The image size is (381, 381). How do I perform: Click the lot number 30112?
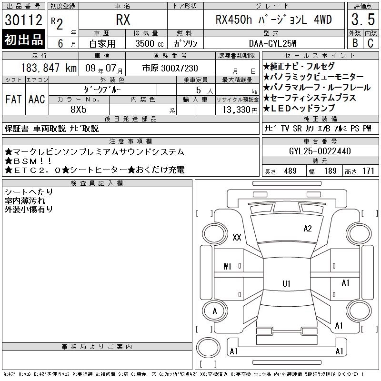point(23,20)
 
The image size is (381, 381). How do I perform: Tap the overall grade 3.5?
point(363,20)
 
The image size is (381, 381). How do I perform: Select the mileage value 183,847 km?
point(49,68)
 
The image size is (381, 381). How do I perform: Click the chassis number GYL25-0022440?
point(320,151)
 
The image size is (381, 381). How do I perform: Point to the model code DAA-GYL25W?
point(272,43)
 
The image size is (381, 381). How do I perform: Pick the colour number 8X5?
point(79,110)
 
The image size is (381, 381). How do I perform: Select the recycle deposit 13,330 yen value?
point(240,110)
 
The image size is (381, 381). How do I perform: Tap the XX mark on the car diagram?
point(237,237)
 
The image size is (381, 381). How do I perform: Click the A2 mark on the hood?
point(308,229)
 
